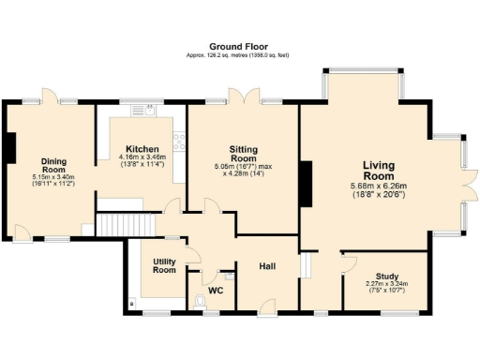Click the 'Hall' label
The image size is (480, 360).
point(266,267)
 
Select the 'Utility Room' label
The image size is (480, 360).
point(164,265)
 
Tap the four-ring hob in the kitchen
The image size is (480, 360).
point(178,143)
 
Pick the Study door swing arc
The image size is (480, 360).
point(351,260)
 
